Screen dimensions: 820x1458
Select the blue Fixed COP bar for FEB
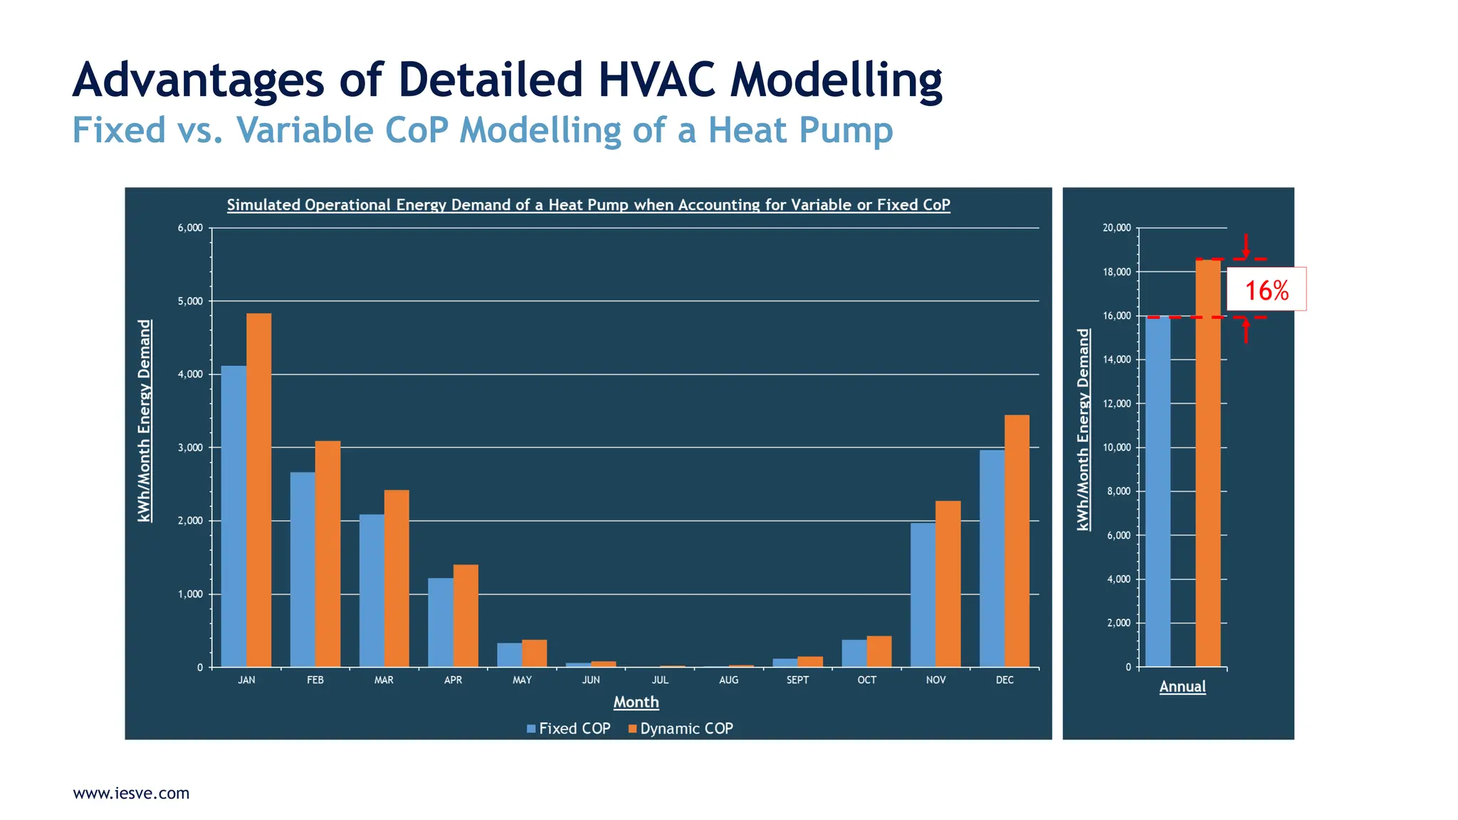(303, 569)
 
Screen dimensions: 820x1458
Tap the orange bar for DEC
(1017, 541)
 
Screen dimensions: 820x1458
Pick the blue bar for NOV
(923, 595)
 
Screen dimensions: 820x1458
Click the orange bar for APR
(466, 616)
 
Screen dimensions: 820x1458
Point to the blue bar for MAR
(372, 591)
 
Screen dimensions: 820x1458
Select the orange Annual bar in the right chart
(1207, 463)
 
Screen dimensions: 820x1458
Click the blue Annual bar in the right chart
(1158, 491)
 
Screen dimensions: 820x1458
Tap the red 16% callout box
(1266, 290)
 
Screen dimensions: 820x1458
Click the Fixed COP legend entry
(568, 728)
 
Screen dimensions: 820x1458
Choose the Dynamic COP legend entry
(681, 728)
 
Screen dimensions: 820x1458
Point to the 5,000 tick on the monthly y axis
(190, 301)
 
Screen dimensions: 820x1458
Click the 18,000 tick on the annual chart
(1116, 272)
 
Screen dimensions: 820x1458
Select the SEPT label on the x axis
(797, 680)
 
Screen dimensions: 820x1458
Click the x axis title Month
(636, 702)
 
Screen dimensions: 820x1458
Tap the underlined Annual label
(1182, 686)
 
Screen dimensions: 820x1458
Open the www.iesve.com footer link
(131, 793)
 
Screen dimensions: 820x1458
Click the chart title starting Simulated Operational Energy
(588, 205)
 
